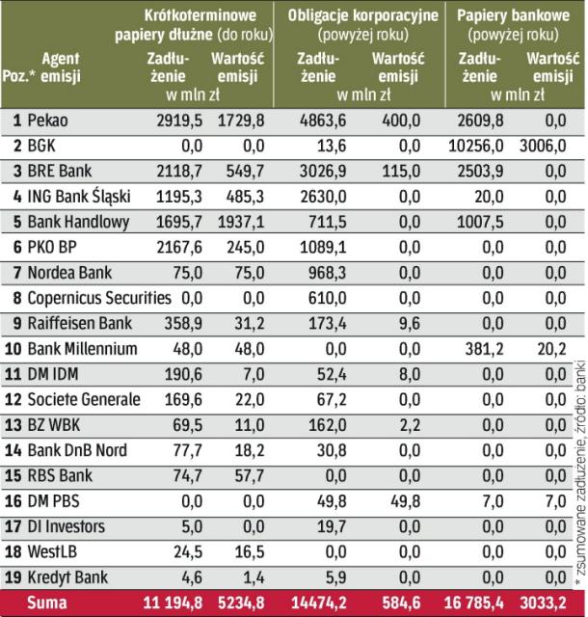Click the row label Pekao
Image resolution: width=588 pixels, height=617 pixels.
point(48,121)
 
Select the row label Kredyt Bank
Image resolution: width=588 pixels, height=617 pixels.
point(66,576)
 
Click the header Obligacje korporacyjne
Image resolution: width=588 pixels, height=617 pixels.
point(362,15)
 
